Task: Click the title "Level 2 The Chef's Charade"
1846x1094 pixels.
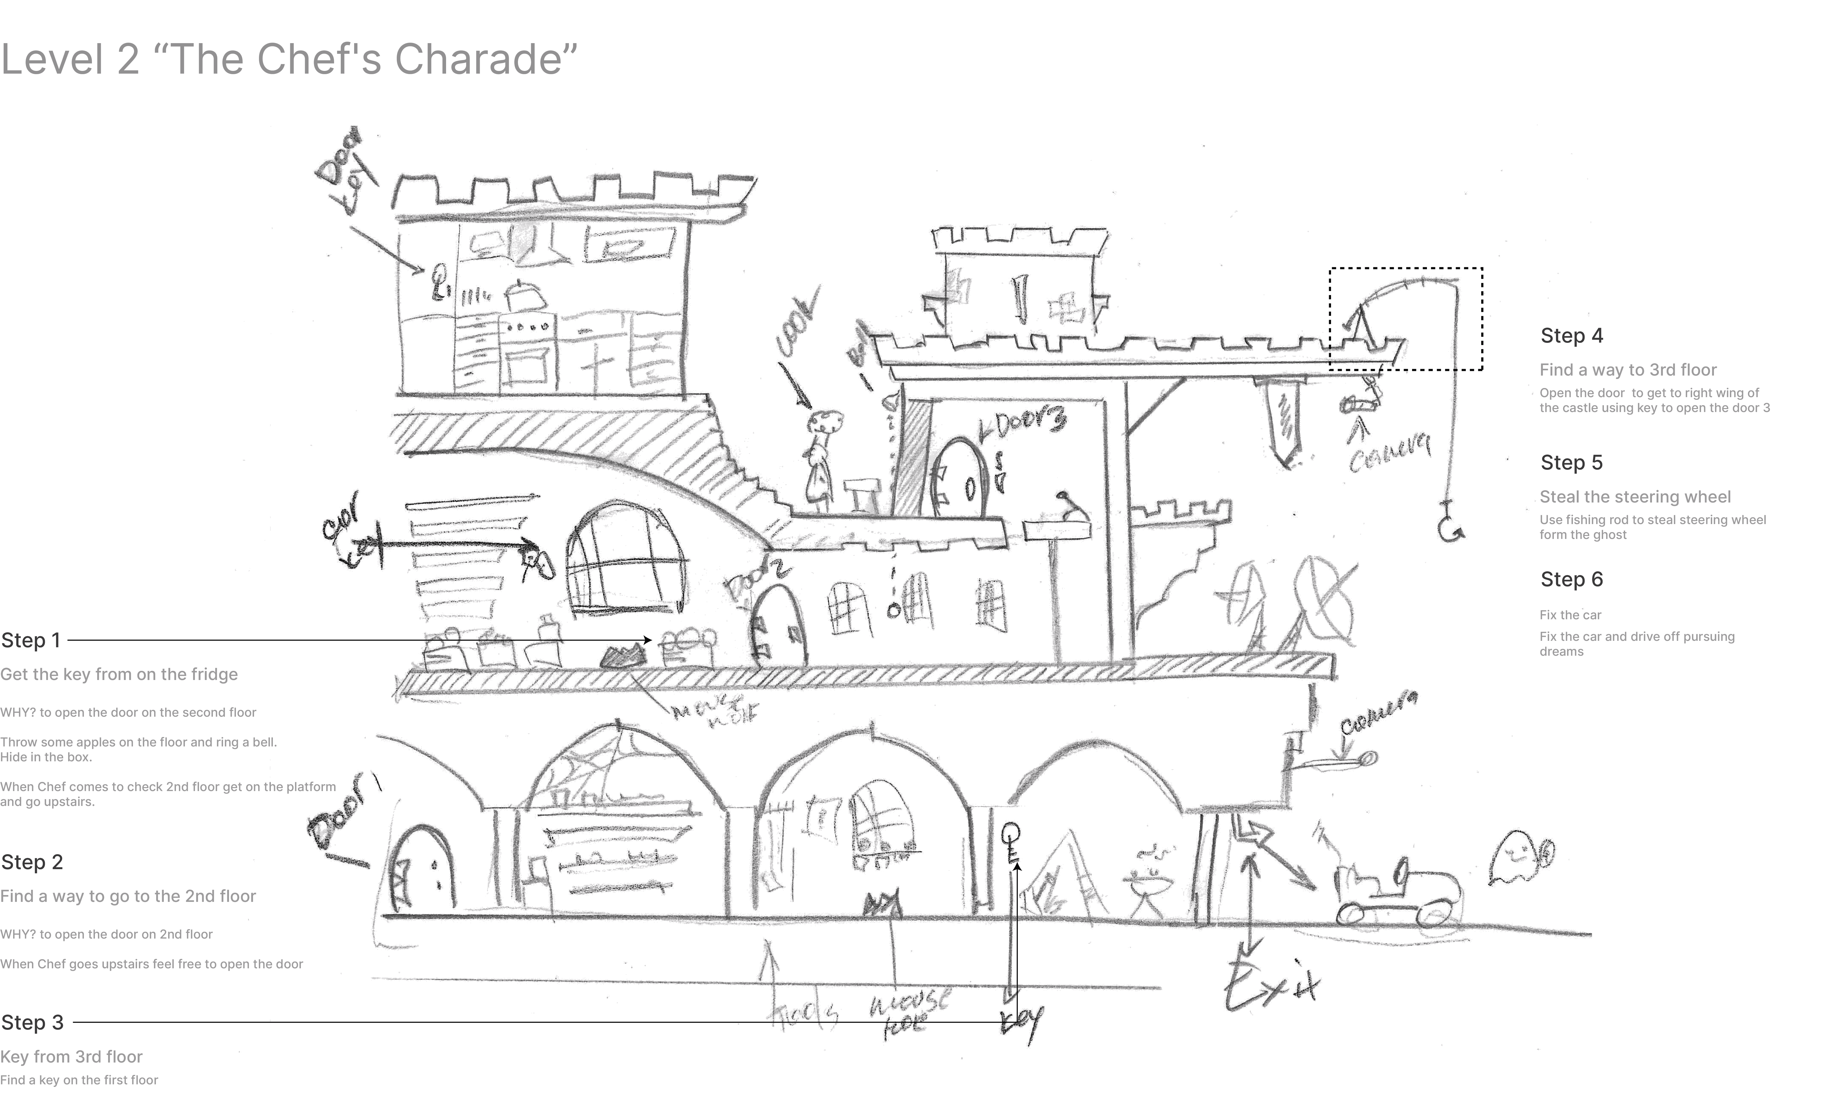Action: point(289,59)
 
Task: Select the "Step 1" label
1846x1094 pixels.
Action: point(31,640)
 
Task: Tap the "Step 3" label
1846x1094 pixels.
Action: point(32,1023)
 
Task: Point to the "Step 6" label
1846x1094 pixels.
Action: point(1572,579)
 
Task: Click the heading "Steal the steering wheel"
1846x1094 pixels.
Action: point(1635,497)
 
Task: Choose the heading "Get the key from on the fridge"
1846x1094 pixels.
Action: point(119,675)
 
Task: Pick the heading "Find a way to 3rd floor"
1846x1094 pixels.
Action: point(1628,370)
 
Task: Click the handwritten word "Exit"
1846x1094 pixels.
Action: point(1271,984)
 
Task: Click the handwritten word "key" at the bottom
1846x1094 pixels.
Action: point(1021,1021)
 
